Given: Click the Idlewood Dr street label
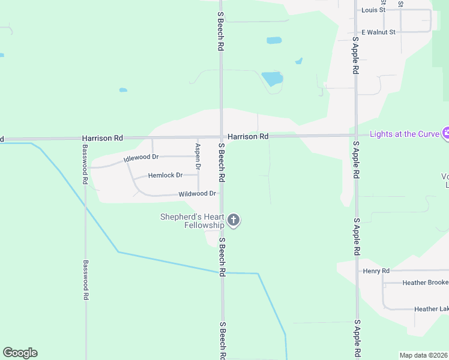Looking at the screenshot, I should [x=141, y=158].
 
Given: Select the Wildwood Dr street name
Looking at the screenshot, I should [x=197, y=194].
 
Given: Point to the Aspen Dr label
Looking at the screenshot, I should [x=197, y=156].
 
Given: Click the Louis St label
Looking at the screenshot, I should [x=373, y=10].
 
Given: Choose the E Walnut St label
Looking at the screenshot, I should [x=378, y=32].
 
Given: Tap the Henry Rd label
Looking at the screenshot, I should [x=376, y=271].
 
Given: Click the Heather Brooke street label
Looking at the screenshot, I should [x=426, y=283].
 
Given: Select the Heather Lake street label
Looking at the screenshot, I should [x=431, y=309].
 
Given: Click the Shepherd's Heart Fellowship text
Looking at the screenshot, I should [x=192, y=221].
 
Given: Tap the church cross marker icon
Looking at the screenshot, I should [x=234, y=221].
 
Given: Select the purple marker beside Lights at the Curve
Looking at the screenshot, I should [x=445, y=133].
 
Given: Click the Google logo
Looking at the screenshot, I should [x=20, y=353].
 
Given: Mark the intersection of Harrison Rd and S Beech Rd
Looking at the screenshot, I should [x=221, y=137].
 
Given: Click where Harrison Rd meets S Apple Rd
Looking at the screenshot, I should [x=356, y=135].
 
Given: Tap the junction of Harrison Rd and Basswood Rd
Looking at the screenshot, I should [x=85, y=138].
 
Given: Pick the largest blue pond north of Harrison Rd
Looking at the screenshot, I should [x=272, y=79].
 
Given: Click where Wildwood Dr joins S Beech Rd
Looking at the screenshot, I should [x=221, y=194].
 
